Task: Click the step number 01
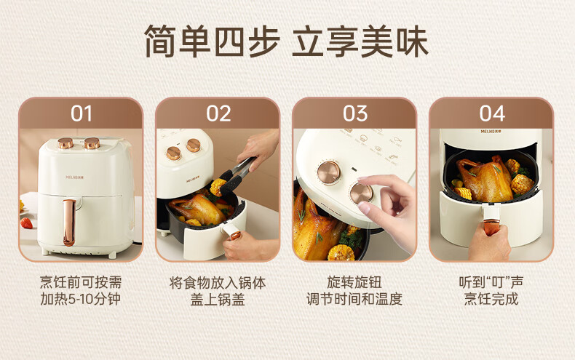point(82,113)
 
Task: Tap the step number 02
point(218,113)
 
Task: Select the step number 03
point(355,113)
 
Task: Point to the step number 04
point(492,113)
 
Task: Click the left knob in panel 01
point(66,143)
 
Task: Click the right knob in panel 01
point(92,143)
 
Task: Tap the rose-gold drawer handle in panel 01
point(68,223)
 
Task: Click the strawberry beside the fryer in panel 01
point(26,223)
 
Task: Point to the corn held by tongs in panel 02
point(218,187)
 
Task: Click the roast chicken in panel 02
point(197,209)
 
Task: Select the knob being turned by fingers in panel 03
point(361,193)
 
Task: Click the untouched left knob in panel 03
point(328,172)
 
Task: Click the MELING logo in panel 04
point(491,131)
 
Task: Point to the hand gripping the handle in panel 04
point(490,242)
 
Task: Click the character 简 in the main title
point(160,41)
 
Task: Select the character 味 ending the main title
point(412,41)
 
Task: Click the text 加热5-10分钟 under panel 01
point(80,299)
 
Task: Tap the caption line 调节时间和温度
point(354,299)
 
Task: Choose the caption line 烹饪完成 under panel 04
point(491,299)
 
